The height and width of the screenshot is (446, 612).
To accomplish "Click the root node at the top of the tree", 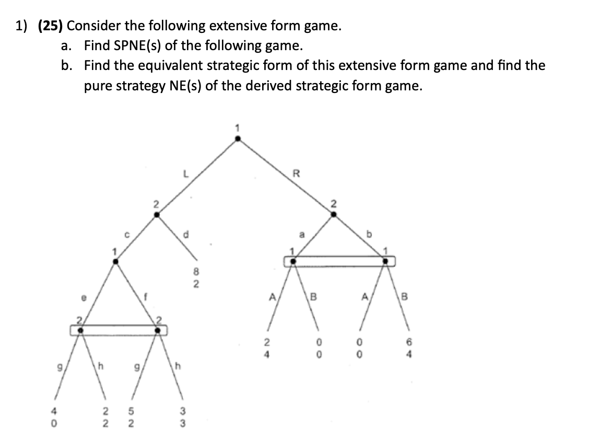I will click(238, 139).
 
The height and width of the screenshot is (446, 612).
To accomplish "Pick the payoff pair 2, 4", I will click(266, 348).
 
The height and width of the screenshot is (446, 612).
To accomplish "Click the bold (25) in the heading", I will click(51, 26).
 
